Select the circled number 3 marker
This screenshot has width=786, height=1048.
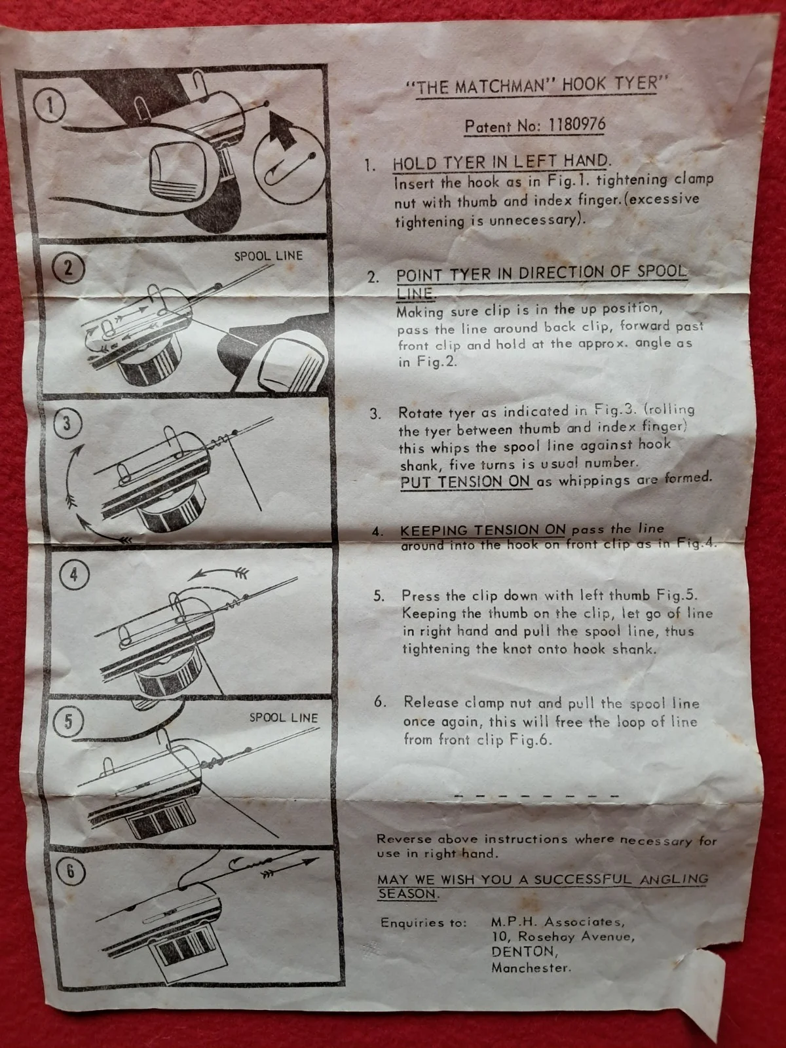coord(67,423)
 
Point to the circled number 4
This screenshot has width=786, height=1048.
coord(73,575)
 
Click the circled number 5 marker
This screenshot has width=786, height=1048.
coord(69,721)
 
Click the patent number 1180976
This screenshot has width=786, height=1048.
coord(577,124)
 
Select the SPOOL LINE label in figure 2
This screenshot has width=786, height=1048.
coord(268,256)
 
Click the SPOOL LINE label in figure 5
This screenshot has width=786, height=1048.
coord(284,718)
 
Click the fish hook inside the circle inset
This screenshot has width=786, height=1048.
coord(290,170)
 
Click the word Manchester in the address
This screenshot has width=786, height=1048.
coord(531,968)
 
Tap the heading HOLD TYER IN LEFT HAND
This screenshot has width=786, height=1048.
coord(500,162)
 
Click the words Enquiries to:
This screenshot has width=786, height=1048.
coord(423,923)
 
